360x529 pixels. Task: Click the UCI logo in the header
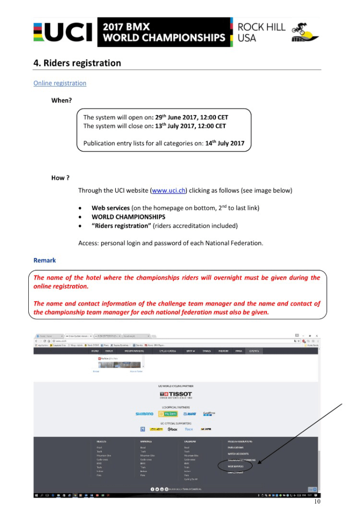pyautogui.click(x=63, y=32)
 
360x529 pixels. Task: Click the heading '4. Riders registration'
pyautogui.click(x=77, y=63)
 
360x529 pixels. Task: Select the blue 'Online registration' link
pyautogui.click(x=60, y=83)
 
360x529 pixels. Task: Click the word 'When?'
pyautogui.click(x=61, y=100)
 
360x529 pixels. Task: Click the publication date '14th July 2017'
pyautogui.click(x=225, y=143)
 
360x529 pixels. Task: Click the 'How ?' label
pyautogui.click(x=60, y=178)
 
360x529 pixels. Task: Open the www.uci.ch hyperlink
pyautogui.click(x=169, y=190)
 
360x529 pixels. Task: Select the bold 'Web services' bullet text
pyautogui.click(x=110, y=208)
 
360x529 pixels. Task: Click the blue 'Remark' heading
pyautogui.click(x=44, y=260)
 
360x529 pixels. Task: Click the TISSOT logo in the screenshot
pyautogui.click(x=176, y=394)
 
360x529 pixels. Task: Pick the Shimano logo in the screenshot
pyautogui.click(x=144, y=414)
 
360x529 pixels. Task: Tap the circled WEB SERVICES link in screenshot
pyautogui.click(x=236, y=466)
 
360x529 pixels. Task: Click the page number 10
pyautogui.click(x=317, y=501)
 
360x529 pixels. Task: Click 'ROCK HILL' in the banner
pyautogui.click(x=261, y=27)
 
